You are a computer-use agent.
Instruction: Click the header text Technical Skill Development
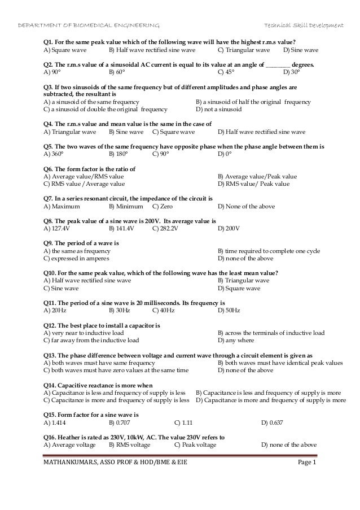point(304,26)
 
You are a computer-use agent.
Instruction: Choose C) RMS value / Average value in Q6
point(84,184)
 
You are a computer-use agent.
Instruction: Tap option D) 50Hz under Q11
point(229,310)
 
